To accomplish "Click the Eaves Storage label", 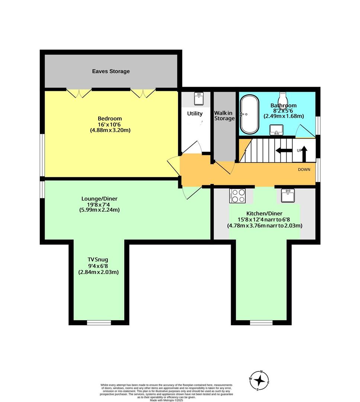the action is click(111, 71).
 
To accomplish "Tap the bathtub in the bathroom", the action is click(249, 114).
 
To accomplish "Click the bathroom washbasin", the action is click(276, 130).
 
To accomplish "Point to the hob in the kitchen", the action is click(237, 196).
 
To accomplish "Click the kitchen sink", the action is click(288, 195).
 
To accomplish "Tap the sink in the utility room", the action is click(199, 99).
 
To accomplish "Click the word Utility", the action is click(195, 114).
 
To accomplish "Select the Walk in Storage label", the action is click(225, 116).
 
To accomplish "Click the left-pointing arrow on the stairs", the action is click(284, 150).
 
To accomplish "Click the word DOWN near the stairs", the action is click(304, 169).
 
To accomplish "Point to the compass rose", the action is click(260, 380).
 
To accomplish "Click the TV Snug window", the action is click(99, 322).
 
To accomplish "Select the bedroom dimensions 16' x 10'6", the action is click(109, 124).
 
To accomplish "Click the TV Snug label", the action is click(98, 259).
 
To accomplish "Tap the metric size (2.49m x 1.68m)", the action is click(284, 116).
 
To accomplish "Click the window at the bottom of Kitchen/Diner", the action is click(261, 322).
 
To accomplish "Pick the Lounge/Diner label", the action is click(99, 199).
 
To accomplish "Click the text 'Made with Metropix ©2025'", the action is click(167, 400).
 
